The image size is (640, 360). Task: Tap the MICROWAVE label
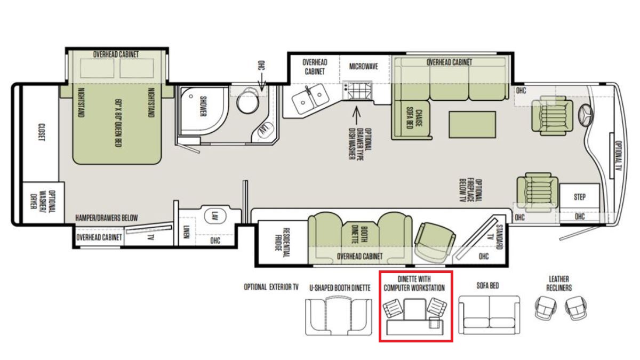point(363,67)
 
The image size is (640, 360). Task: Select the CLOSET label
point(42,132)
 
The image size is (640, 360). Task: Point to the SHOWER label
point(203,106)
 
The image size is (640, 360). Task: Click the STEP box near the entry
point(579,197)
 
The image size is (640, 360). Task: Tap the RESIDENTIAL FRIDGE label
point(282,243)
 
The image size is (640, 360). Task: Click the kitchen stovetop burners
point(357,90)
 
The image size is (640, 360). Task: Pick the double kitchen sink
point(310,98)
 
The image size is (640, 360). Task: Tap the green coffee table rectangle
point(473,125)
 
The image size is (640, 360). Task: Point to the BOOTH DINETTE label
point(359,235)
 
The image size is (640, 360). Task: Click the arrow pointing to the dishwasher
point(356,116)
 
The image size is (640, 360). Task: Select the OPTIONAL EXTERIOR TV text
point(271,287)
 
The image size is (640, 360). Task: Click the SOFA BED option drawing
point(489,315)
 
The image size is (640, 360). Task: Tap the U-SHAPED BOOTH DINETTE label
point(340,288)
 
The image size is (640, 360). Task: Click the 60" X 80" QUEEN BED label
point(118,123)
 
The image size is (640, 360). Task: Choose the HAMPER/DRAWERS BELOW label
point(107,218)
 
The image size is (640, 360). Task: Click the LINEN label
point(186,231)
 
